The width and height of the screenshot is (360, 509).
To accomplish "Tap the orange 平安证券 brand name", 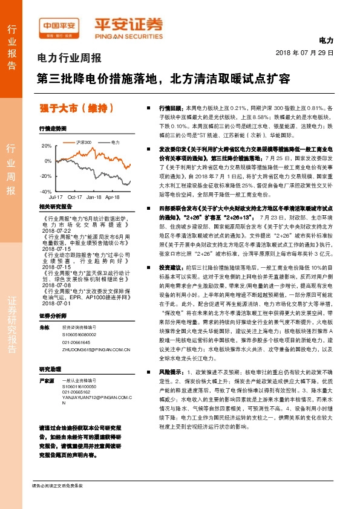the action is [x=128, y=25].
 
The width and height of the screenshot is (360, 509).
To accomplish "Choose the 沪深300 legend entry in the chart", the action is [x=83, y=141].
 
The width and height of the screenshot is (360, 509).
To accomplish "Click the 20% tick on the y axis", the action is [x=47, y=146].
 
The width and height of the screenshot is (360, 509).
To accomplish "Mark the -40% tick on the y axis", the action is [x=46, y=191].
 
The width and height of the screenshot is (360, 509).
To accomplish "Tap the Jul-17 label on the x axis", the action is [x=56, y=197].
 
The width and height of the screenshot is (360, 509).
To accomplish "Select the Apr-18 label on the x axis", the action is [x=112, y=197].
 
